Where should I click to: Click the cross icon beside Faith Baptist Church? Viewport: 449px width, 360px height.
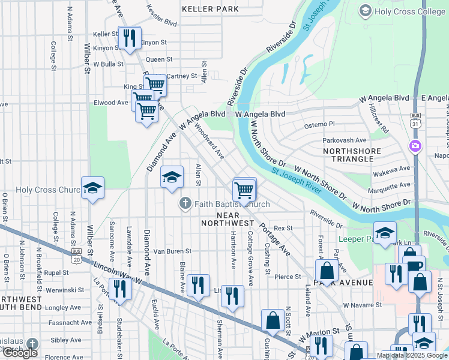[x=185, y=205]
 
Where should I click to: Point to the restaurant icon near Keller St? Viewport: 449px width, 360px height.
[x=129, y=39]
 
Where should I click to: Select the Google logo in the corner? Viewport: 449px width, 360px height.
[x=20, y=353]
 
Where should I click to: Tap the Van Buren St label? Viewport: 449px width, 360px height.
[x=172, y=251]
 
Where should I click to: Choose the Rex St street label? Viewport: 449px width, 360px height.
[x=283, y=229]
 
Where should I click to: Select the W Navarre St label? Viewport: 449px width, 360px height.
[x=363, y=305]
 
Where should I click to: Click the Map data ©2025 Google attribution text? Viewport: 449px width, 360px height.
[x=412, y=355]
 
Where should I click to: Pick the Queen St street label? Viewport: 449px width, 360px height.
[x=159, y=59]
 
